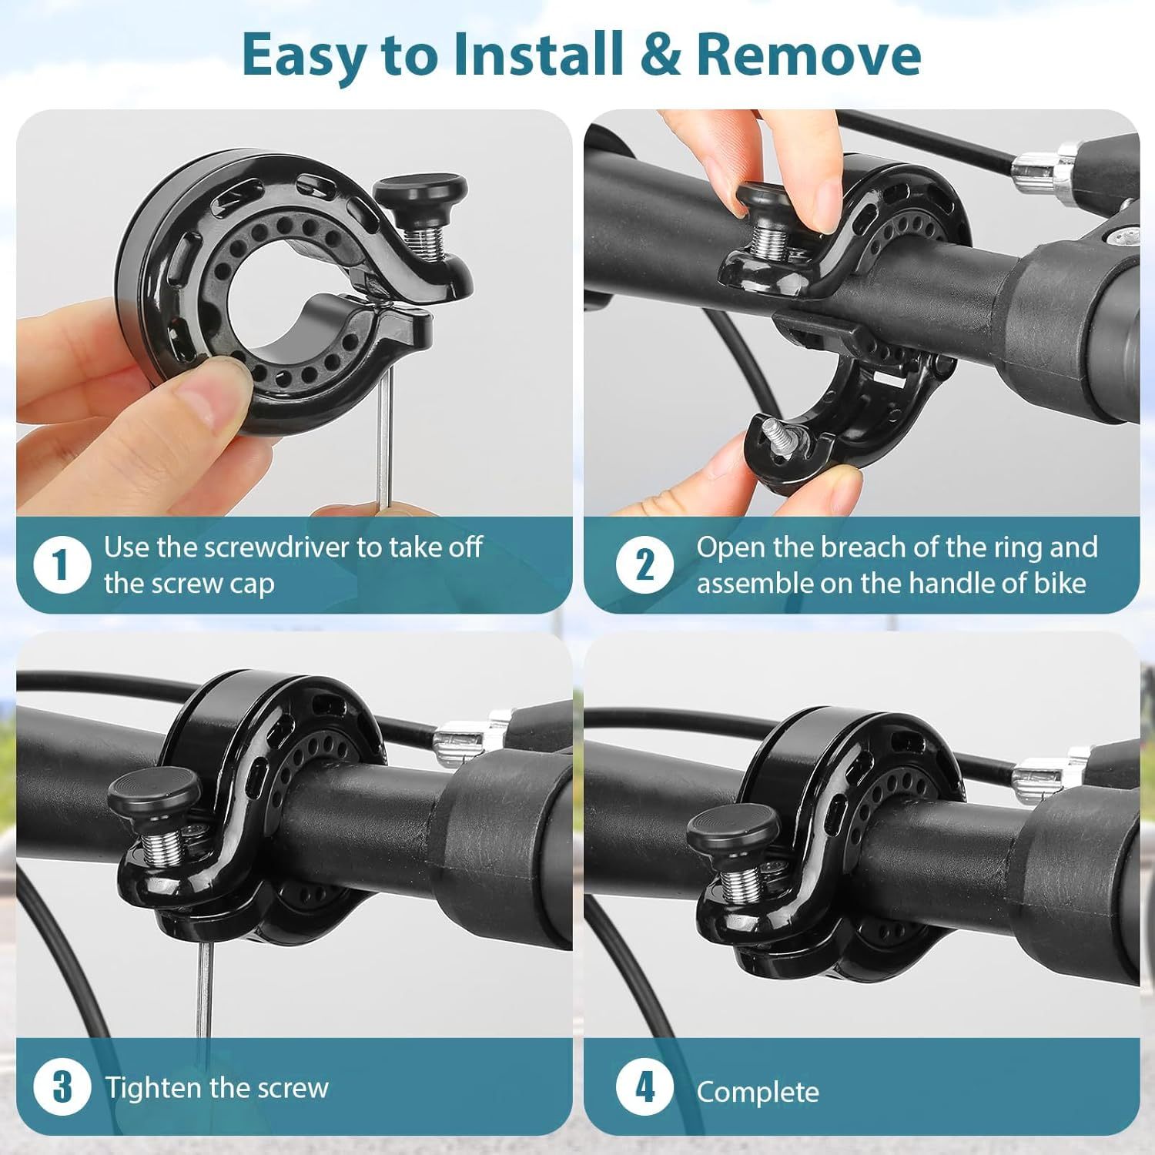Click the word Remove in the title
click(x=808, y=54)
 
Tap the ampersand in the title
click(x=659, y=55)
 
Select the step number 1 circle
click(x=62, y=565)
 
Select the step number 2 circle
click(x=644, y=565)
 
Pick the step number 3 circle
click(x=62, y=1087)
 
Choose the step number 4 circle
click(x=644, y=1087)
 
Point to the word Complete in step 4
click(x=758, y=1092)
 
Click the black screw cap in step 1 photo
click(x=420, y=189)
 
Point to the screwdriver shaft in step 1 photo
click(x=383, y=439)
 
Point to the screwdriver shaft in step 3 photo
click(x=204, y=993)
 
